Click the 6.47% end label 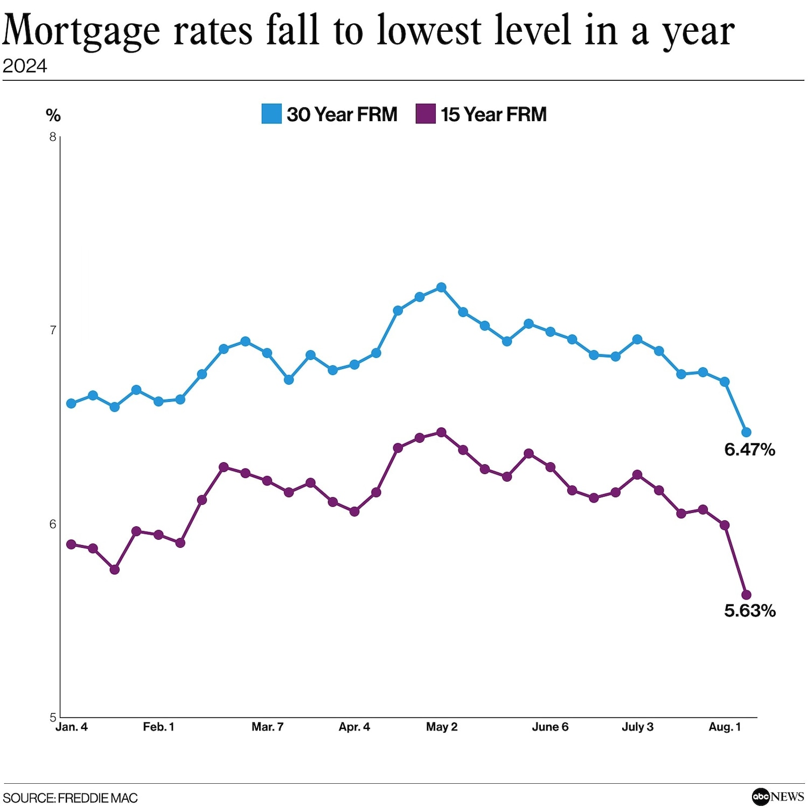pyautogui.click(x=749, y=449)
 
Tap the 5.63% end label pyautogui.click(x=749, y=610)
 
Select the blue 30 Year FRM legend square pyautogui.click(x=271, y=114)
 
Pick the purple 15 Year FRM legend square pyautogui.click(x=426, y=114)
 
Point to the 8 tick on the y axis pyautogui.click(x=53, y=137)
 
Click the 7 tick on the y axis pyautogui.click(x=53, y=330)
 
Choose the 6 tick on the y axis pyautogui.click(x=53, y=524)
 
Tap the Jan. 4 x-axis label pyautogui.click(x=72, y=727)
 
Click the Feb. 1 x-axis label pyautogui.click(x=158, y=727)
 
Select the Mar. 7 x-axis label pyautogui.click(x=267, y=727)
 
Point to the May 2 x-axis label pyautogui.click(x=442, y=727)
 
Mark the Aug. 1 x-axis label pyautogui.click(x=725, y=727)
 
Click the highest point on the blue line pyautogui.click(x=441, y=287)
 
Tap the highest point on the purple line pyautogui.click(x=441, y=432)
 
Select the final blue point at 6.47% pyautogui.click(x=747, y=432)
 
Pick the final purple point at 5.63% pyautogui.click(x=747, y=595)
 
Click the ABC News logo pyautogui.click(x=777, y=796)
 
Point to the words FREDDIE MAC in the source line pyautogui.click(x=97, y=798)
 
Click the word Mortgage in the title pyautogui.click(x=81, y=31)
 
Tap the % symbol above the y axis pyautogui.click(x=53, y=115)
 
